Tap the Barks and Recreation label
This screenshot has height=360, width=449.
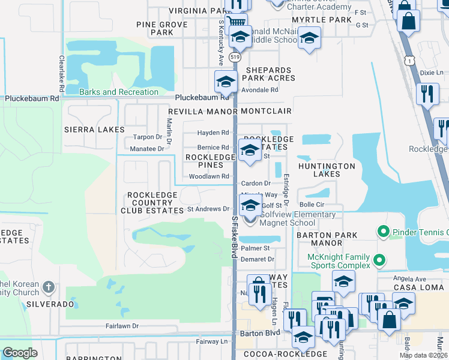[x=119, y=92]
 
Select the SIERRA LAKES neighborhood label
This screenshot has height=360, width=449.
[x=94, y=130]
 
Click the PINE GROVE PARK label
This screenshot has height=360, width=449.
[x=154, y=28]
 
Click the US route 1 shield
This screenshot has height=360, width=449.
[x=409, y=61]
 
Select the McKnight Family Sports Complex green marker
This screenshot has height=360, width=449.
[x=378, y=260]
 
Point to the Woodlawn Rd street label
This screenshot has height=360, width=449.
[x=209, y=176]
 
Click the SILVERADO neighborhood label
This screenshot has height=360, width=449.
[x=50, y=304]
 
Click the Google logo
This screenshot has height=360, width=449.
[x=20, y=353]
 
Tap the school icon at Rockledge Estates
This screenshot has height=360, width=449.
[x=250, y=151]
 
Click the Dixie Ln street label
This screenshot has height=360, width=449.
[x=430, y=72]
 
